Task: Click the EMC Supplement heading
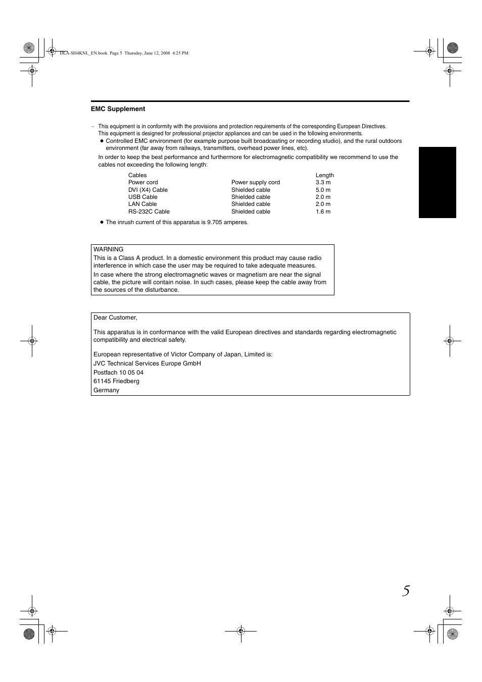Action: point(118,109)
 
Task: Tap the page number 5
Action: point(406,591)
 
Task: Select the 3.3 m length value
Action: point(323,183)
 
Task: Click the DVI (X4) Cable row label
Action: point(148,190)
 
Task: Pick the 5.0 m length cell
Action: point(323,190)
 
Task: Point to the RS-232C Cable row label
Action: point(149,212)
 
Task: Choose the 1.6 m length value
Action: point(323,212)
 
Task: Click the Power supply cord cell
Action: point(255,183)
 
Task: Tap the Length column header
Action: point(324,175)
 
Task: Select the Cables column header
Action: point(137,175)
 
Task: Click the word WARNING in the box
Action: point(108,249)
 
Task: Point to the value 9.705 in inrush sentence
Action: point(214,222)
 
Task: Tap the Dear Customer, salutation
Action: point(115,318)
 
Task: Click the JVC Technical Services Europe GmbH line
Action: point(147,363)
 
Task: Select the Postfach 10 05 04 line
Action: point(118,373)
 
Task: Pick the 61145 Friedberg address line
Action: point(116,381)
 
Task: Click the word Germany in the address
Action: point(106,390)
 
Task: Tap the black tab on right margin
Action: point(437,182)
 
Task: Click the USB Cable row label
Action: point(142,197)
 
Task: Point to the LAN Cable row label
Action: point(142,204)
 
